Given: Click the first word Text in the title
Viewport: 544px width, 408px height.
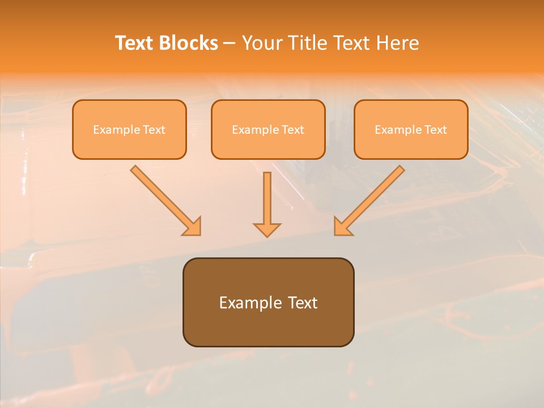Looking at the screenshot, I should [x=135, y=43].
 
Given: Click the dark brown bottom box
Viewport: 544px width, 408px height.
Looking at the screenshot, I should [x=268, y=326].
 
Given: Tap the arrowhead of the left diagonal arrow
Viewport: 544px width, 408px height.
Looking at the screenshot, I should [x=193, y=227].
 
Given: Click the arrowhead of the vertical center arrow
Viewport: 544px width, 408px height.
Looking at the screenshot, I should [x=267, y=229].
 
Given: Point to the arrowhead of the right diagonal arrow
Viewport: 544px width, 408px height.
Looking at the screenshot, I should [x=342, y=227].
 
